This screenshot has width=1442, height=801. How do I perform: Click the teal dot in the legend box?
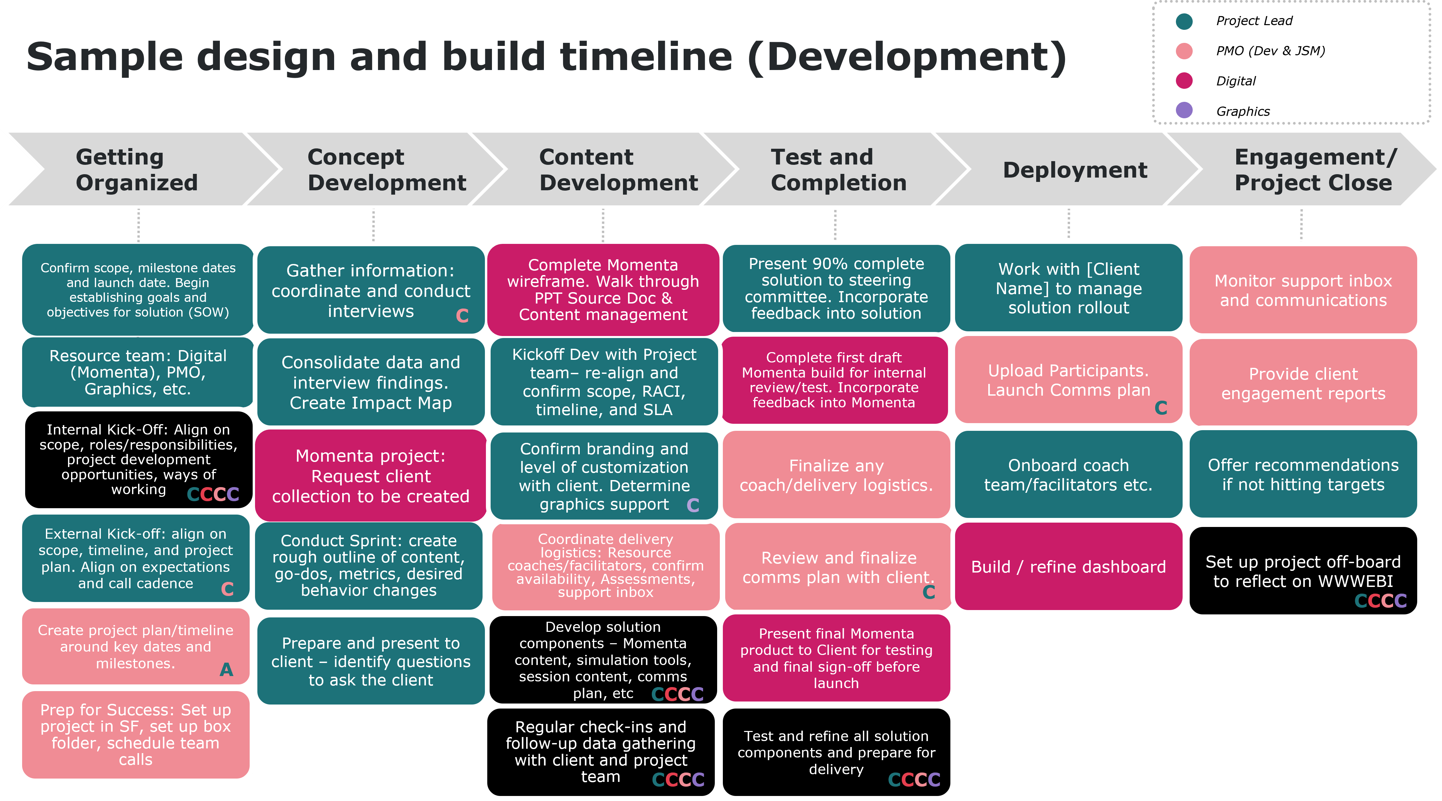point(1184,22)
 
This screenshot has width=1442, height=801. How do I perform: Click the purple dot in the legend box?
point(1184,110)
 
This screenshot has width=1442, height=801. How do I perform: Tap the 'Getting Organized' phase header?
point(137,170)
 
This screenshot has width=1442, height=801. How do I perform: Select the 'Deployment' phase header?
point(1075,170)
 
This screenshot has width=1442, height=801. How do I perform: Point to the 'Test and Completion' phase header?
point(838,170)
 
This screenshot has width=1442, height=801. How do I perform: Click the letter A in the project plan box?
point(226,669)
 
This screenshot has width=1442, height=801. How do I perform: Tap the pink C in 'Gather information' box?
point(462,316)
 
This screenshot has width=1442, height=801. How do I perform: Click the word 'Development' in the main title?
point(907,57)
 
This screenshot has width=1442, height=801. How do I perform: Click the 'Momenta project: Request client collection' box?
point(371,476)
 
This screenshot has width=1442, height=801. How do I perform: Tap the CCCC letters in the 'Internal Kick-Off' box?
point(213,494)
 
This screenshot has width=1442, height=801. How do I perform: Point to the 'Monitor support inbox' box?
point(1303,290)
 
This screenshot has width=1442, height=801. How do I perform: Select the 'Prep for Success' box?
point(135,734)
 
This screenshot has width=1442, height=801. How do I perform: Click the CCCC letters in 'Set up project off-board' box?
point(1380,601)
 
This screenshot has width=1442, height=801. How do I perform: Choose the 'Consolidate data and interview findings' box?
point(371,382)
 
